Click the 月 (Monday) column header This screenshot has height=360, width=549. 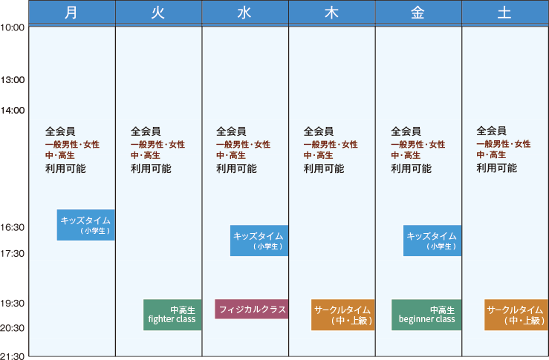click(72, 13)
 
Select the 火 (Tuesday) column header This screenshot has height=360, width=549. click(158, 13)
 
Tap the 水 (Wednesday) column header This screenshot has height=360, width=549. click(245, 13)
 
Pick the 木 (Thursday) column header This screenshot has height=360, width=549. click(332, 13)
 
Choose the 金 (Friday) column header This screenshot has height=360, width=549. click(418, 13)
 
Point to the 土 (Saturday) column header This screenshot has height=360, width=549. click(505, 13)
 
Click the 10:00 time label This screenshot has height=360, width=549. click(13, 27)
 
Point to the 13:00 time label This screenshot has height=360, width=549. click(13, 80)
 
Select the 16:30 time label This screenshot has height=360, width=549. click(13, 228)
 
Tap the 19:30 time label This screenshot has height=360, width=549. click(13, 304)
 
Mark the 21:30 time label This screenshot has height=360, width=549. click(13, 356)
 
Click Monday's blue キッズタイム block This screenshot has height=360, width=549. click(85, 225)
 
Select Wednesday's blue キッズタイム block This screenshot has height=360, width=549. click(259, 240)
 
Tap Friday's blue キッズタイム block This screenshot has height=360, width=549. click(432, 240)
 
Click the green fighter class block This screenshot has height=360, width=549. click(172, 315)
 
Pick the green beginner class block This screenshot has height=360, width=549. click(426, 315)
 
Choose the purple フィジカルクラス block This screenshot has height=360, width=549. click(251, 309)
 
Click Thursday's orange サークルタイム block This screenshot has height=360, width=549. click(342, 315)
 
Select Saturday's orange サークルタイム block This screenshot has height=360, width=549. click(516, 315)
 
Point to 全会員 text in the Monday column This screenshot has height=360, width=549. click(60, 131)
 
